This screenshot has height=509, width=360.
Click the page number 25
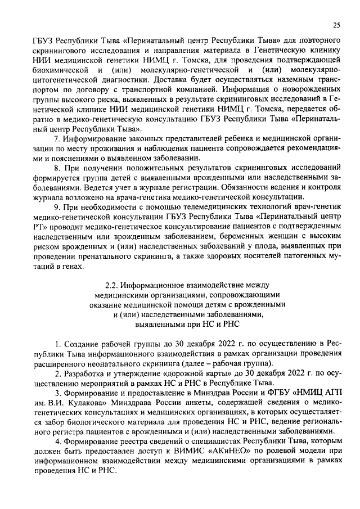point(337,24)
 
